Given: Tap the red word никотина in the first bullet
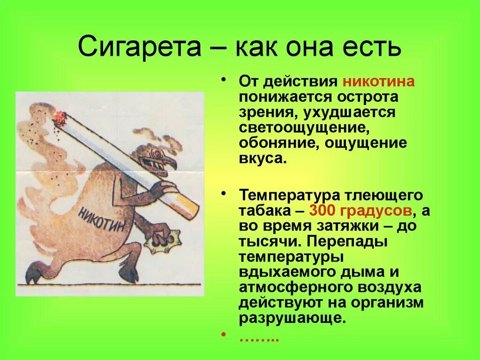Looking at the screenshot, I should (378, 81).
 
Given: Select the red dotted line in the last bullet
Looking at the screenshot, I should (259, 338).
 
